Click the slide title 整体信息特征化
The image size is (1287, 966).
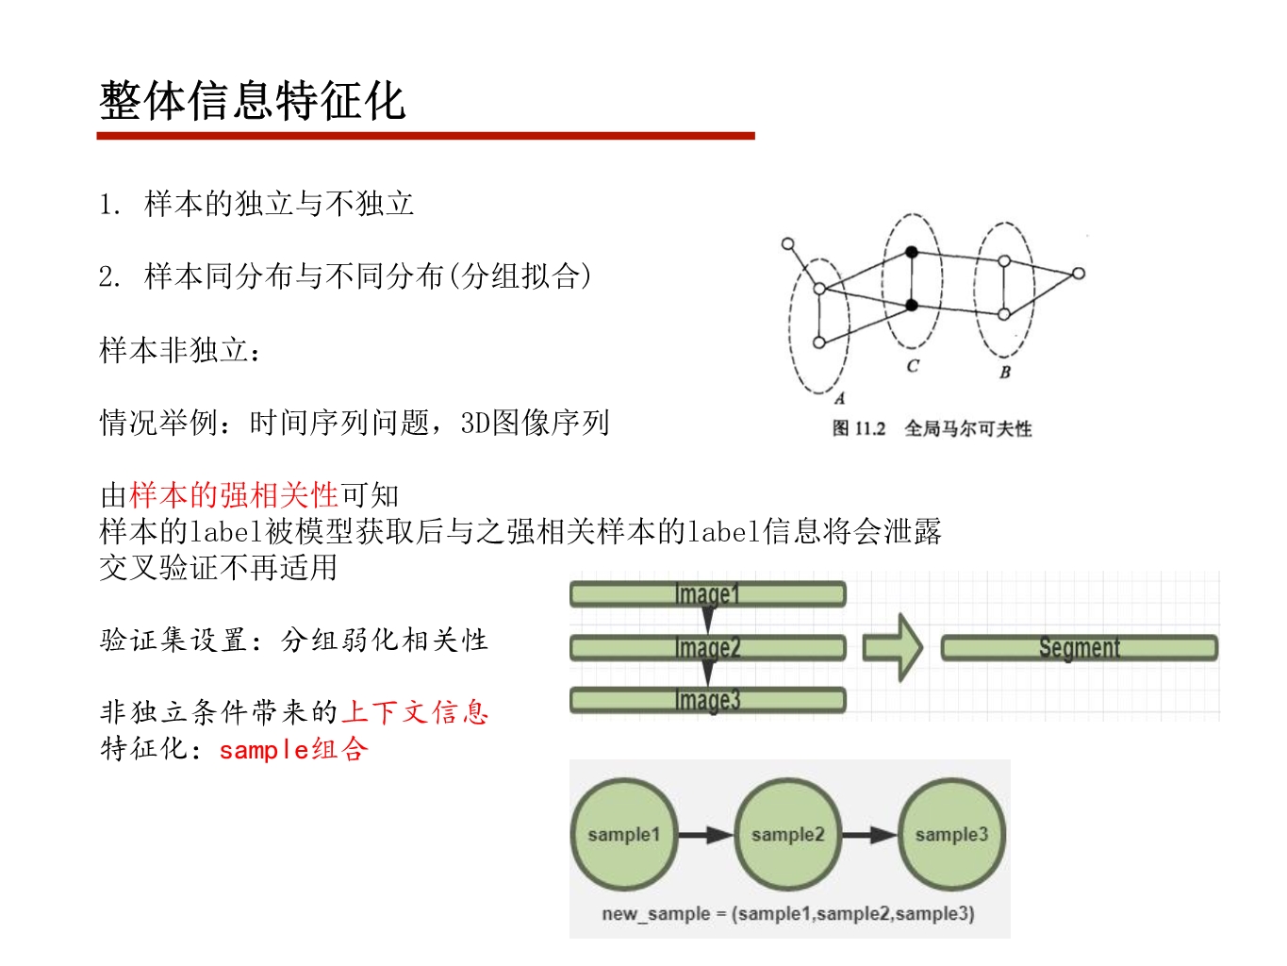[x=252, y=101]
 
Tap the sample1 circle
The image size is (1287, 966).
[x=623, y=834]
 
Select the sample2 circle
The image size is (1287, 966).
[x=787, y=834]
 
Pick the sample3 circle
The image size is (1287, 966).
[x=950, y=834]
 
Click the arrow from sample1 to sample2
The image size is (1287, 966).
[x=705, y=835]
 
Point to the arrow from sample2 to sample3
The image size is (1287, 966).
[x=869, y=835]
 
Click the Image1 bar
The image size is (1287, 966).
[x=707, y=594]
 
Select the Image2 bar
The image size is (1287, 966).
[x=707, y=648]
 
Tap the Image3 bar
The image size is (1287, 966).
[x=707, y=700]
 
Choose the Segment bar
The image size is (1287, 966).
[x=1079, y=648]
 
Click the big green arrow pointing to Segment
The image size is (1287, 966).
[x=893, y=647]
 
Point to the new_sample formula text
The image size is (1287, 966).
[x=788, y=913]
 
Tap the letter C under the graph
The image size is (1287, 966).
[x=913, y=366]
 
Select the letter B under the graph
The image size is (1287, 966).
[x=1005, y=373]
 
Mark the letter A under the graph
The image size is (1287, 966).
[x=839, y=398]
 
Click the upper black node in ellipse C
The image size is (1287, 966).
[x=912, y=252]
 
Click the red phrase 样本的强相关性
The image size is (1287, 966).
[x=234, y=495]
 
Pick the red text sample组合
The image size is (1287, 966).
[x=293, y=750]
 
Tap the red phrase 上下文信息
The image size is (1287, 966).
[x=415, y=712]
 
